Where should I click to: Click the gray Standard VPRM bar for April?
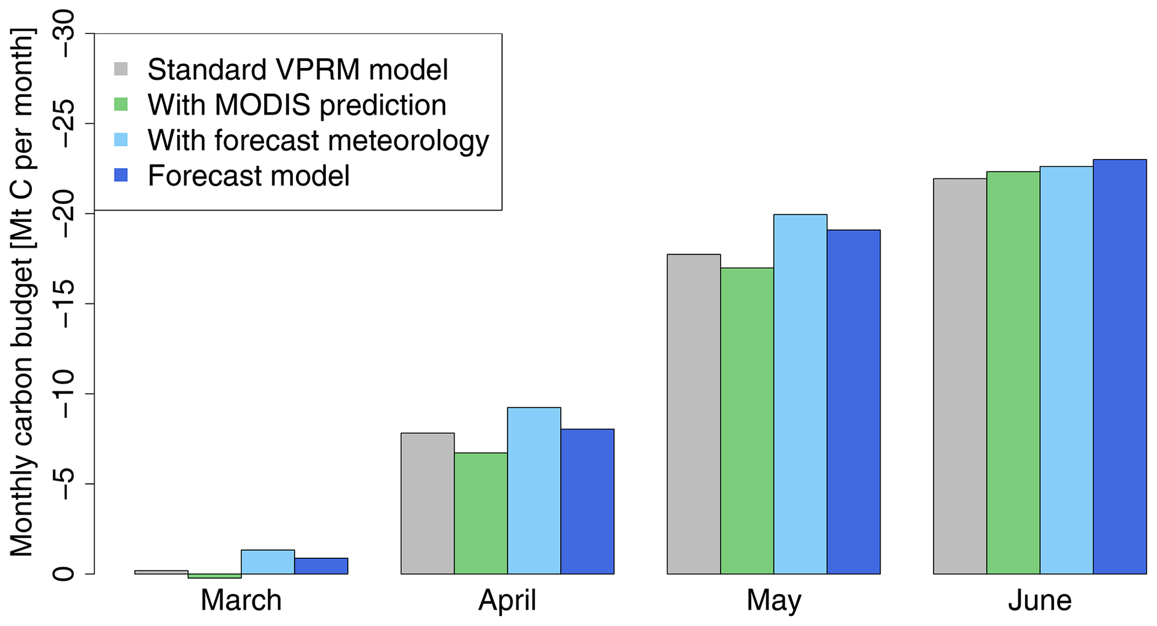pyautogui.click(x=428, y=503)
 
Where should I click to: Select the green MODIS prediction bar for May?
pyautogui.click(x=747, y=421)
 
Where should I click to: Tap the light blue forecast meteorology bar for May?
pyautogui.click(x=800, y=394)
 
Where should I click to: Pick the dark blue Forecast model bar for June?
pyautogui.click(x=1120, y=367)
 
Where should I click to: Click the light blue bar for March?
pyautogui.click(x=268, y=562)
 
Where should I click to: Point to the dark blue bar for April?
pyautogui.click(x=588, y=502)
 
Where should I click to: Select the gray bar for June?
pyautogui.click(x=960, y=376)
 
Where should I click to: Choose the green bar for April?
pyautogui.click(x=481, y=513)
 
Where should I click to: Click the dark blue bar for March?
pyautogui.click(x=321, y=566)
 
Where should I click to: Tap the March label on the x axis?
pyautogui.click(x=241, y=600)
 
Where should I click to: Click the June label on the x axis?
pyautogui.click(x=1040, y=600)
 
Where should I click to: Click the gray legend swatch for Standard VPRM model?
pyautogui.click(x=121, y=69)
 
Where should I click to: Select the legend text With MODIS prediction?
pyautogui.click(x=297, y=105)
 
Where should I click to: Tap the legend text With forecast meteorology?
pyautogui.click(x=318, y=141)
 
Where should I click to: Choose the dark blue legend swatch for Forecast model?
pyautogui.click(x=121, y=175)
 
